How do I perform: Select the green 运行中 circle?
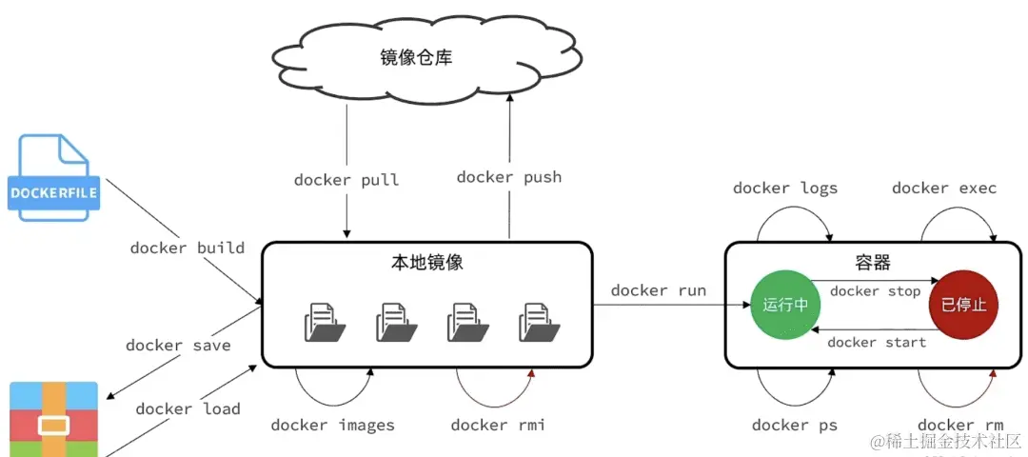[784, 305]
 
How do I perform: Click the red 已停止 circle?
[963, 305]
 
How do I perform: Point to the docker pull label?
[346, 180]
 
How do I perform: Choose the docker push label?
[508, 177]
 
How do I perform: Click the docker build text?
[187, 248]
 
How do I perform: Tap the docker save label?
[178, 346]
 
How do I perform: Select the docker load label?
[188, 409]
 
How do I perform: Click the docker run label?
[658, 290]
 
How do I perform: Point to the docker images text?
[332, 425]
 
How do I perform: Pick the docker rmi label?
[498, 425]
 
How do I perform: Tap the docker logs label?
[784, 189]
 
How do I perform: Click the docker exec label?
[943, 189]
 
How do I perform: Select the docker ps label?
[794, 425]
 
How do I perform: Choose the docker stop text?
[875, 291]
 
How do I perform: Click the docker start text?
[877, 343]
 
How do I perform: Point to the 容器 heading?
[874, 262]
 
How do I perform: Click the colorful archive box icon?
[54, 419]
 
